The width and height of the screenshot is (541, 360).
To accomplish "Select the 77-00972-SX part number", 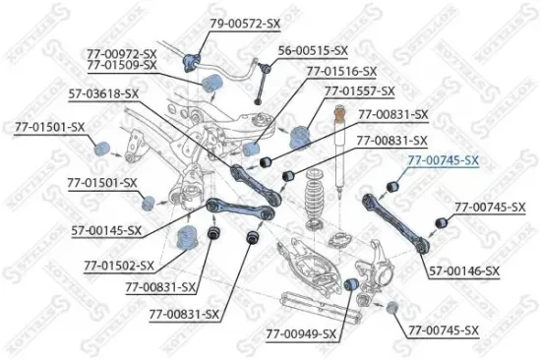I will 121,52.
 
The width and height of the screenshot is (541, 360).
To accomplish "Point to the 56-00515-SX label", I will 313,49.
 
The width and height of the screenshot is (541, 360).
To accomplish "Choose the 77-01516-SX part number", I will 340,72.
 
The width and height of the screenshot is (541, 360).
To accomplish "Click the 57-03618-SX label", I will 103,93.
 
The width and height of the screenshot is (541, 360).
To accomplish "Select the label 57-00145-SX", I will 105,230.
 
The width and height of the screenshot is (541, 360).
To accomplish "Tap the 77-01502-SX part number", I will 118,266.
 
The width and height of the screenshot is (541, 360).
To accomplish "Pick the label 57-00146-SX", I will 464,270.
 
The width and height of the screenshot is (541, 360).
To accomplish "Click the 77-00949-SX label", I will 301,334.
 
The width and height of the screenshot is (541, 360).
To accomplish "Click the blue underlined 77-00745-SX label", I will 443,160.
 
